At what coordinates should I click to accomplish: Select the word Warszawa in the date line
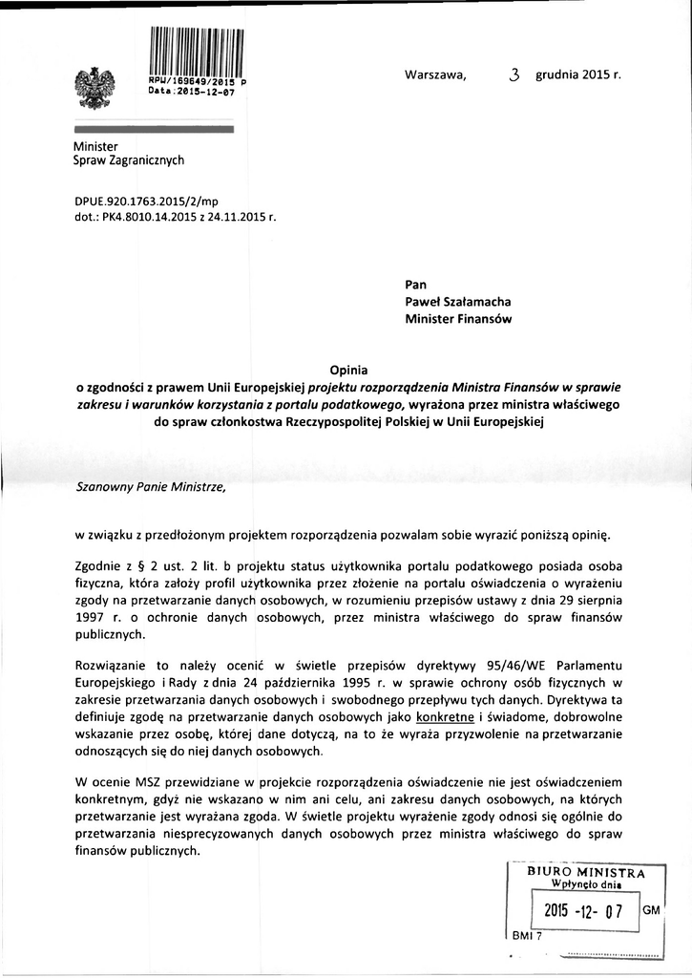click(x=435, y=75)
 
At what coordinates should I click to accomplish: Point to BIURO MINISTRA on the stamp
click(x=586, y=872)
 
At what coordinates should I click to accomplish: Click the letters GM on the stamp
click(x=652, y=910)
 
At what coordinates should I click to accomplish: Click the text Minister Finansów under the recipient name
click(x=459, y=320)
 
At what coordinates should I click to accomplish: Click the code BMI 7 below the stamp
click(x=526, y=936)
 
